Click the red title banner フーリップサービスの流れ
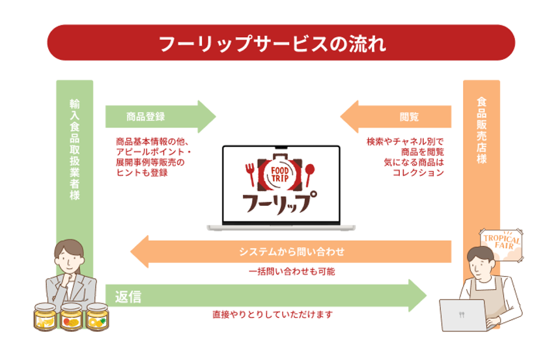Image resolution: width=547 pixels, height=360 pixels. click(x=281, y=42)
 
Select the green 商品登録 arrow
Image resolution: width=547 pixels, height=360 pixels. click(x=160, y=117)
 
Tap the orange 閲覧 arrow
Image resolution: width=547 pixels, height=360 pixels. click(x=396, y=117)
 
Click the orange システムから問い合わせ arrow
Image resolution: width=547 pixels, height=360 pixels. click(x=291, y=251)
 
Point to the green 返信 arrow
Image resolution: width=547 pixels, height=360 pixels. click(x=266, y=296)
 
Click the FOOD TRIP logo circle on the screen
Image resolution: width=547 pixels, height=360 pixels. click(x=280, y=174)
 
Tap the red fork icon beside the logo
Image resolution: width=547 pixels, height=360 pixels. click(x=251, y=174)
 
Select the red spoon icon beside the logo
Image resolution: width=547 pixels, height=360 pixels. click(x=309, y=174)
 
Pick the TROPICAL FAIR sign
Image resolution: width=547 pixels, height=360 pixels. click(x=501, y=245)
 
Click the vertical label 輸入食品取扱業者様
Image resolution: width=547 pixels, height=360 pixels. click(x=75, y=149)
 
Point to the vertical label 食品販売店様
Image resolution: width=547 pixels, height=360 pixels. click(x=481, y=130)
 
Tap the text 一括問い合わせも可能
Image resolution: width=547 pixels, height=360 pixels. click(x=292, y=271)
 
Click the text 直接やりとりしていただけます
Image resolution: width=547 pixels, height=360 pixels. click(x=272, y=314)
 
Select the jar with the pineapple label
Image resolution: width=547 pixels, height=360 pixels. click(x=97, y=317)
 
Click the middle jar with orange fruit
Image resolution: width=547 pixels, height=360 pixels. click(x=71, y=317)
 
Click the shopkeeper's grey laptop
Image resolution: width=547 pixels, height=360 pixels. click(x=462, y=315)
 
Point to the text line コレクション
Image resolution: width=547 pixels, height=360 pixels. click(x=418, y=173)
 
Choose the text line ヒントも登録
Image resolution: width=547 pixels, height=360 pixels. click(x=142, y=173)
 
